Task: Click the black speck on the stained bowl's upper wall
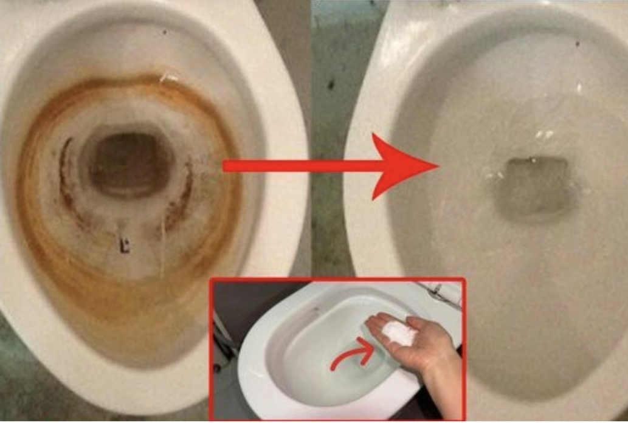click(164, 30)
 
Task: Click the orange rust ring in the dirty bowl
click(36, 201)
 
